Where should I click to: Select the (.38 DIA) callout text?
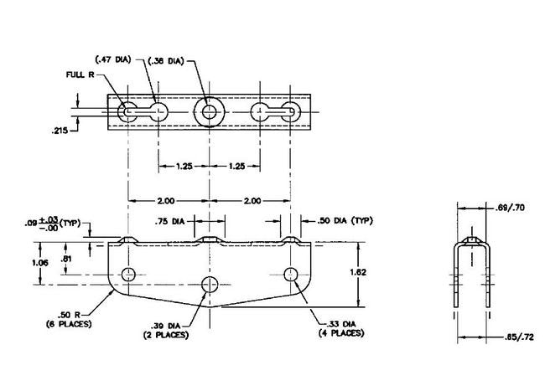167,60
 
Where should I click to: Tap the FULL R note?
82,75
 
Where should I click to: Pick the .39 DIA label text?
166,324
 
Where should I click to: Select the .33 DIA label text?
340,324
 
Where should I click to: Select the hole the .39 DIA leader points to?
210,282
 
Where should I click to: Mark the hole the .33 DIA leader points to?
291,274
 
